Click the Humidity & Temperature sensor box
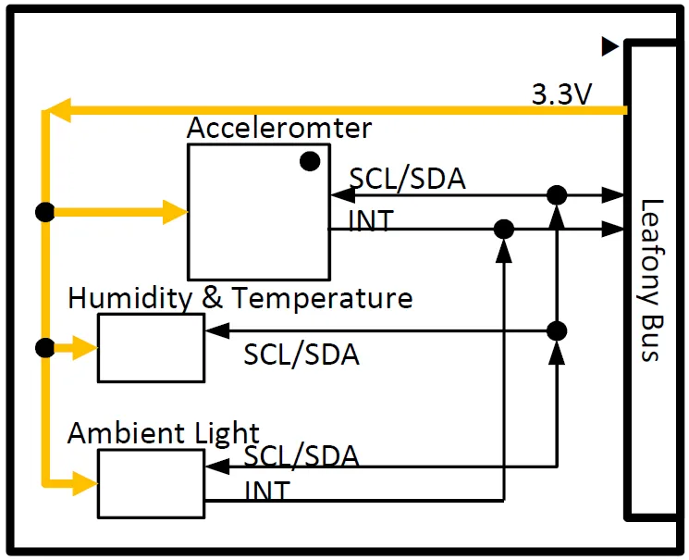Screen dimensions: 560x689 click(151, 347)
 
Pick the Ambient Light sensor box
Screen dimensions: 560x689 click(151, 483)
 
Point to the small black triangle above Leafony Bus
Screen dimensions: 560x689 click(609, 45)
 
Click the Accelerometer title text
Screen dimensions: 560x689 click(279, 128)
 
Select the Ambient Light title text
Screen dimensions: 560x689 click(164, 433)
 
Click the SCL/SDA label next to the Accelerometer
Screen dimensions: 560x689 click(407, 179)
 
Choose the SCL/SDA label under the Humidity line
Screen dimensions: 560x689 click(301, 354)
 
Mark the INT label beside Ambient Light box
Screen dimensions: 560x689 click(267, 491)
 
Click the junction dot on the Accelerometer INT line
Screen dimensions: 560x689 click(504, 228)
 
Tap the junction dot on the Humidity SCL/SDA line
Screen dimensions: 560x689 click(556, 330)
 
